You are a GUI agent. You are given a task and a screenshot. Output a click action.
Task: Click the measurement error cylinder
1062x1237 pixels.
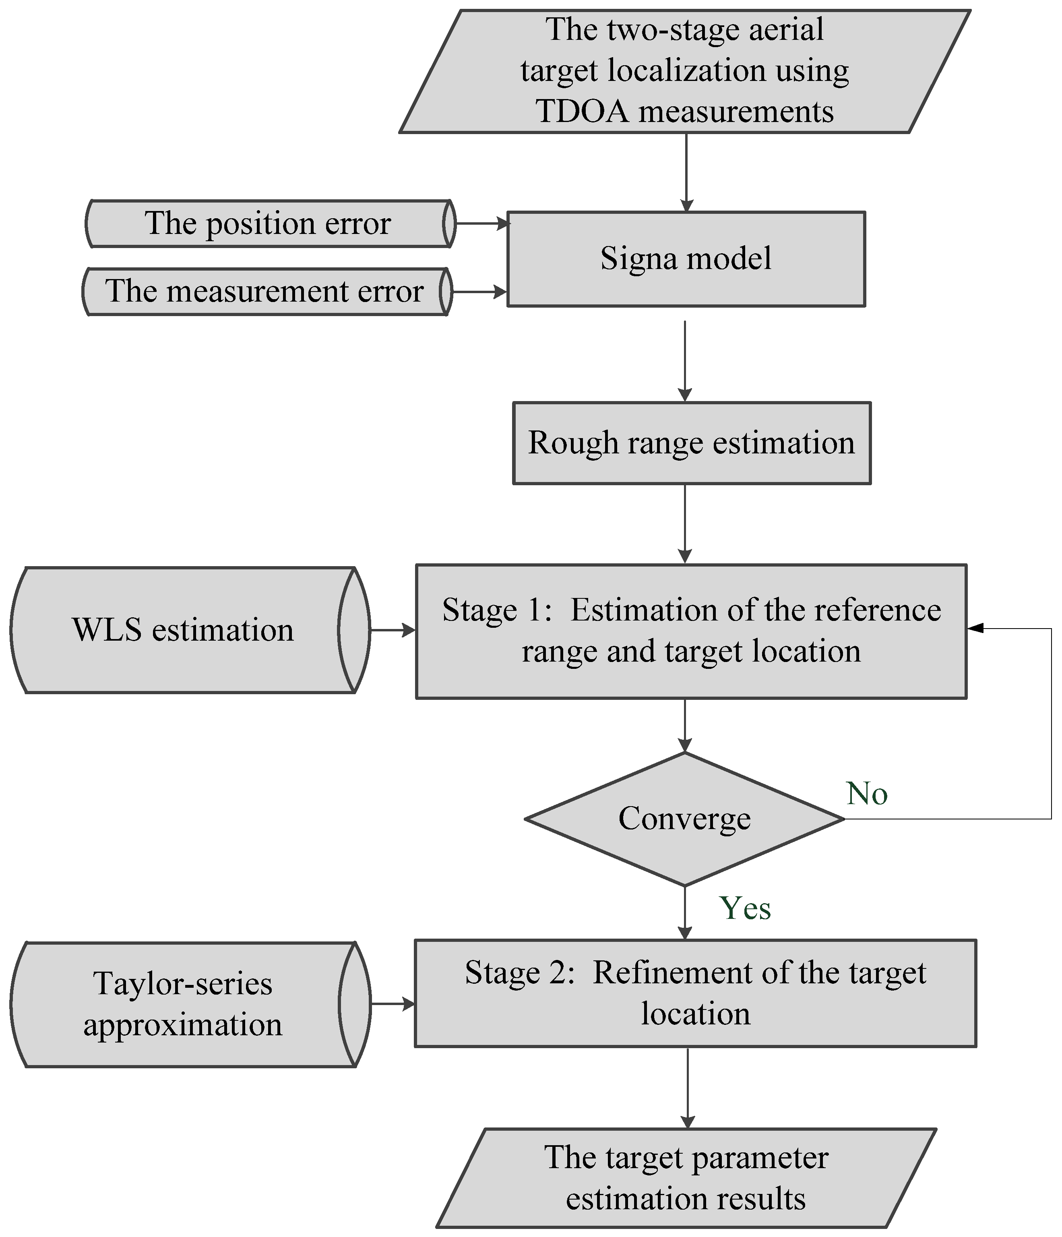(264, 292)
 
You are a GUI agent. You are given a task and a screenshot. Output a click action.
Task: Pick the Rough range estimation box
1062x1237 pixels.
(691, 443)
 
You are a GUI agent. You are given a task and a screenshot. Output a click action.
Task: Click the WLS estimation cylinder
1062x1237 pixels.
(183, 630)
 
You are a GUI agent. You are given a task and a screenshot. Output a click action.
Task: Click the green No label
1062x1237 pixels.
(867, 793)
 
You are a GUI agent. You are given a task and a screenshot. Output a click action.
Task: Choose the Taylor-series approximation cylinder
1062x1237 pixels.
(183, 1003)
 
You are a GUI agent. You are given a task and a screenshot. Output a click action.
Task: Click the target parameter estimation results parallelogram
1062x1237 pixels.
(686, 1178)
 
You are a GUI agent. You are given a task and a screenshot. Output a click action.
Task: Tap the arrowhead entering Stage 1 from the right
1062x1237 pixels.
(975, 628)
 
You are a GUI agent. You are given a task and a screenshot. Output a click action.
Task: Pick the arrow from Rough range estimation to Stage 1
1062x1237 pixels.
(685, 523)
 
